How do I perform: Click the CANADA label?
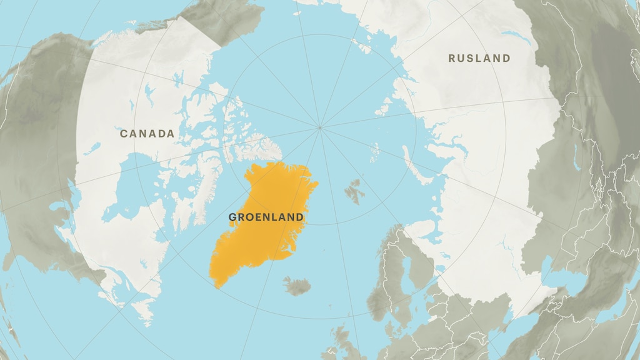(x=147, y=134)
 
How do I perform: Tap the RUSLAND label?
(x=479, y=58)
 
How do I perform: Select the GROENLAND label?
(x=266, y=217)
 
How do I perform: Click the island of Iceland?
(x=298, y=286)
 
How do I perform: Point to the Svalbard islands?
(x=355, y=191)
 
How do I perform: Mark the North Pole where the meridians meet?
(x=320, y=127)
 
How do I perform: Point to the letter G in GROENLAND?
(x=232, y=217)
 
